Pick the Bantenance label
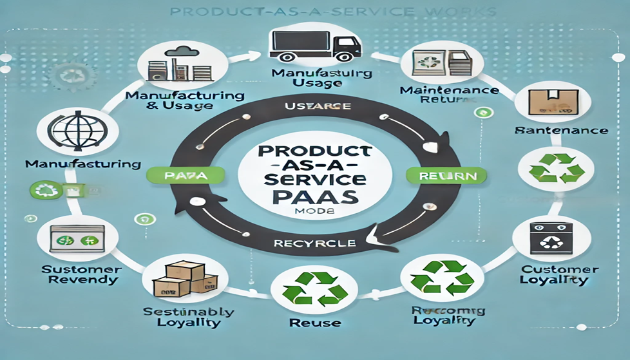click(562, 130)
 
